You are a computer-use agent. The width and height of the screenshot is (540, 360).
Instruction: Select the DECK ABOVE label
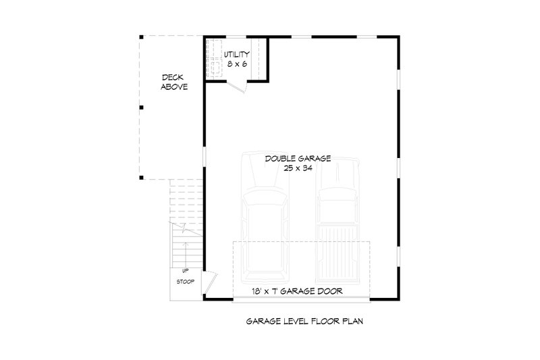click(174, 82)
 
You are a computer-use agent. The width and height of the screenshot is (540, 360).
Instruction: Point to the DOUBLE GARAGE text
click(298, 158)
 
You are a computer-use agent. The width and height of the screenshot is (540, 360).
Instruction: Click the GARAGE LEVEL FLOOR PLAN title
click(305, 322)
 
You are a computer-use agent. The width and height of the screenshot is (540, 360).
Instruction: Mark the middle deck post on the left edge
click(141, 107)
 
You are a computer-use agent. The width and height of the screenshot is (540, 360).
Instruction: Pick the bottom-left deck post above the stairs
click(141, 178)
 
